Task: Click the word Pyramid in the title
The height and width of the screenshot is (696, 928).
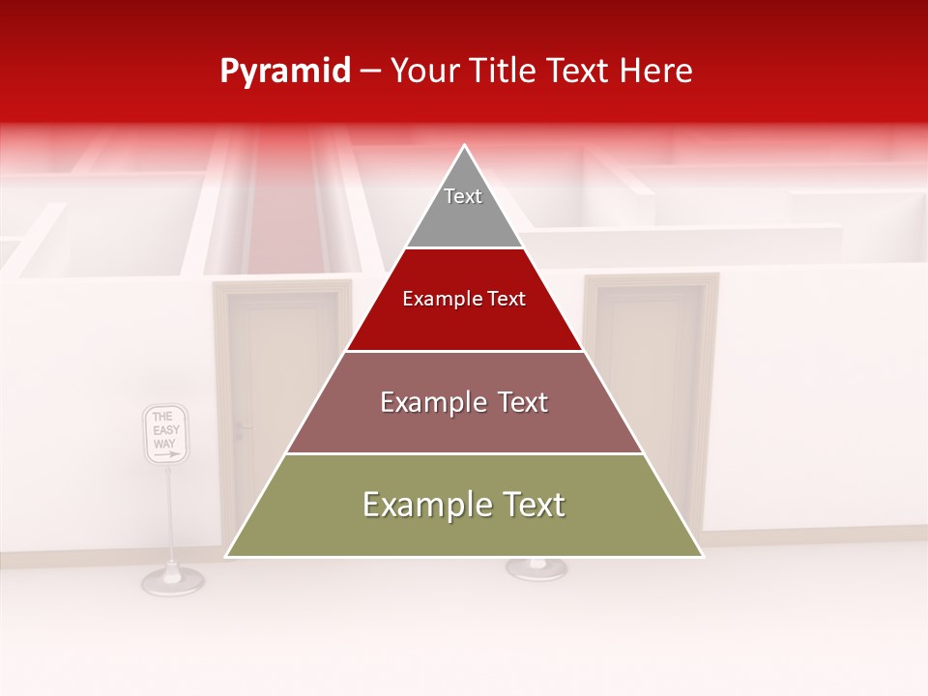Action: pyautogui.click(x=284, y=71)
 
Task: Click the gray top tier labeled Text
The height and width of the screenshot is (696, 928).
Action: pyautogui.click(x=464, y=203)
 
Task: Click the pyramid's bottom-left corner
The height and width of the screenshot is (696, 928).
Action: pyautogui.click(x=227, y=556)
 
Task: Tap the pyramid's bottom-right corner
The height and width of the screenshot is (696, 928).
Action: pyautogui.click(x=702, y=556)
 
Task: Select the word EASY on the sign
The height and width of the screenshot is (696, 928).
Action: pyautogui.click(x=166, y=430)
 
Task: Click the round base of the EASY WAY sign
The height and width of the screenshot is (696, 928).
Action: pyautogui.click(x=172, y=580)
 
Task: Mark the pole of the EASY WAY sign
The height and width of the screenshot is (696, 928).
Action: pyautogui.click(x=171, y=512)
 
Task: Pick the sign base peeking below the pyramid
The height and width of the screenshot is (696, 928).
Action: pyautogui.click(x=536, y=569)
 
